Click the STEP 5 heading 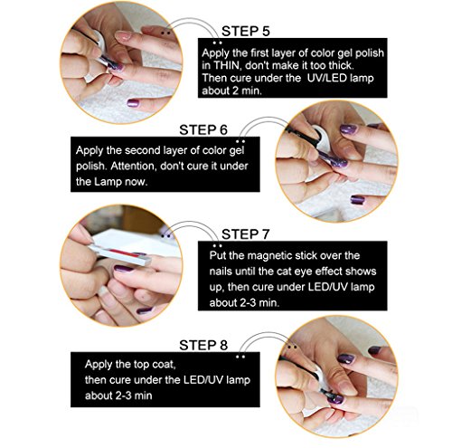[246, 31]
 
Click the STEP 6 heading [203, 130]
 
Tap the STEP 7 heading [245, 234]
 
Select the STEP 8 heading [203, 345]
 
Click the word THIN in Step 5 [226, 65]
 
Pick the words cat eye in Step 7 [292, 272]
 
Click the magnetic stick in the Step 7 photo [120, 255]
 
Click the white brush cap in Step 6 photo [322, 138]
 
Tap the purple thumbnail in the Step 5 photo [133, 103]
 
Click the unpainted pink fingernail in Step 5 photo [123, 36]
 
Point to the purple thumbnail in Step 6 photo [358, 200]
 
